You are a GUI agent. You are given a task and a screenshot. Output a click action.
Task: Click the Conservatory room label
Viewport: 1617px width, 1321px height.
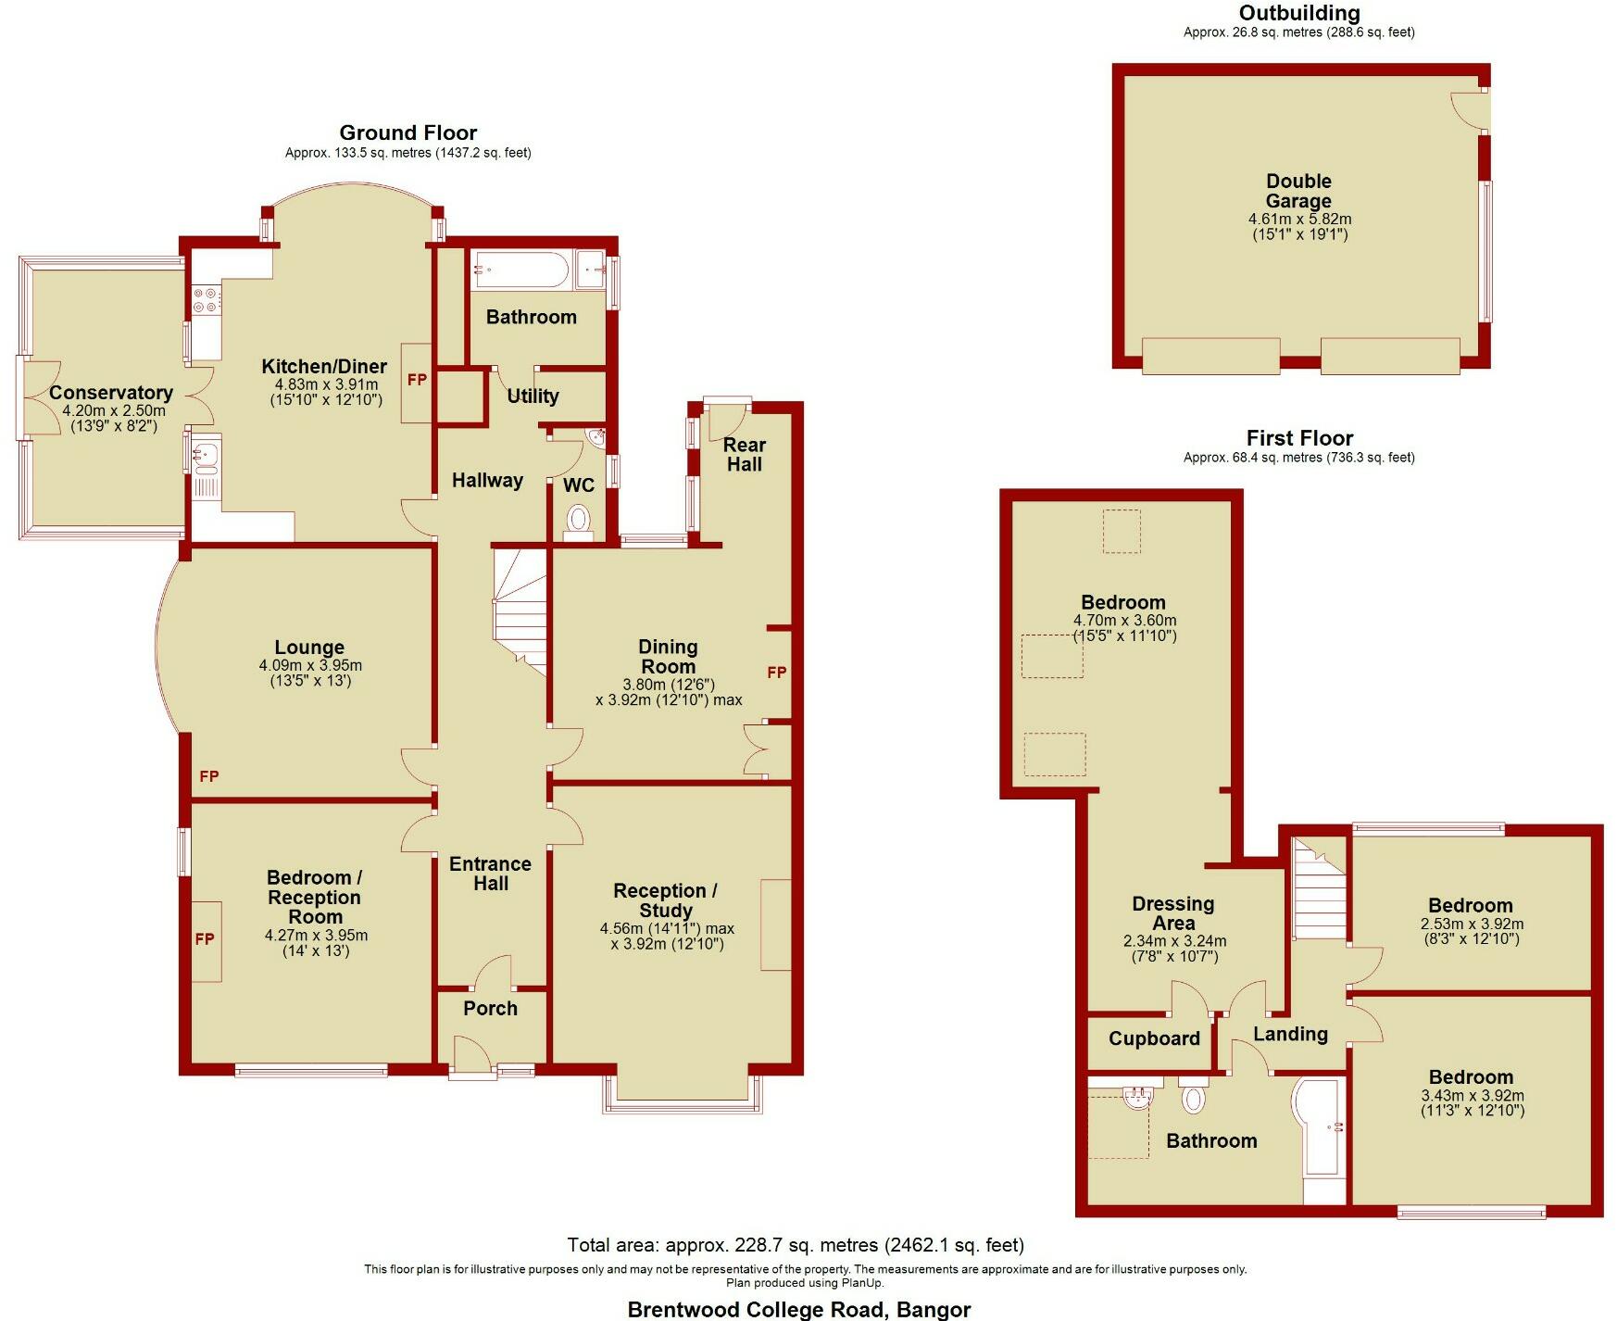(x=110, y=393)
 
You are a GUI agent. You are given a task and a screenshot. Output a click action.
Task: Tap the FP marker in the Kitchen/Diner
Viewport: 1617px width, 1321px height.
(x=417, y=380)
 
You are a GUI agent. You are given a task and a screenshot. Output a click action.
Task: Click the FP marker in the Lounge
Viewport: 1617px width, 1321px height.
(x=209, y=776)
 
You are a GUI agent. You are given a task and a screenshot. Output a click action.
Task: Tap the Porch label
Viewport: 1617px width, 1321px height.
(x=490, y=1008)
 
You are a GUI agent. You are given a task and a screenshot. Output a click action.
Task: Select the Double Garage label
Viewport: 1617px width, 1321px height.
(x=1298, y=191)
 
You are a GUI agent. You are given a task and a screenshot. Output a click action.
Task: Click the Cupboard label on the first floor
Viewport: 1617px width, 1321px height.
(x=1154, y=1038)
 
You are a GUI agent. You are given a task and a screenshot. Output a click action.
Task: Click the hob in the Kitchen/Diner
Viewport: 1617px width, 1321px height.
(x=206, y=299)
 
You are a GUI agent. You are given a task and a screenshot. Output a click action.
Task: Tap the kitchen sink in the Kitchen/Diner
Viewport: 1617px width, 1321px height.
(x=206, y=454)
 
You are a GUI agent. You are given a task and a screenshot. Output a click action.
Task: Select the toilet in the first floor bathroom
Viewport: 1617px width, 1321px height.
(x=1194, y=1098)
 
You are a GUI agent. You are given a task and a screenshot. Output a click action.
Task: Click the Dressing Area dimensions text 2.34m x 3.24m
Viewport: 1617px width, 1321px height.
(x=1173, y=940)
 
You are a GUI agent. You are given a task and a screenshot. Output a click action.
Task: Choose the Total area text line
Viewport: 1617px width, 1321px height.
(x=796, y=1245)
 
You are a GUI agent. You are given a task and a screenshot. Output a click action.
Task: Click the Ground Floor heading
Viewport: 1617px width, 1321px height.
(x=407, y=132)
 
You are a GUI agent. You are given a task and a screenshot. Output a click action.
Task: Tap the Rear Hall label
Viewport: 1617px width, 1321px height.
(x=745, y=454)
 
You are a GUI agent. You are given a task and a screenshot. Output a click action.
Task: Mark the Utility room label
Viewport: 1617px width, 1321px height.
(x=533, y=396)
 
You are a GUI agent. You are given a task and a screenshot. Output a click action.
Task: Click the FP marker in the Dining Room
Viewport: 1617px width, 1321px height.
(x=776, y=673)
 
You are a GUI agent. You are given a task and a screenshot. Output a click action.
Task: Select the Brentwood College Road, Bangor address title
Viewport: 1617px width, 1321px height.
(x=798, y=1309)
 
